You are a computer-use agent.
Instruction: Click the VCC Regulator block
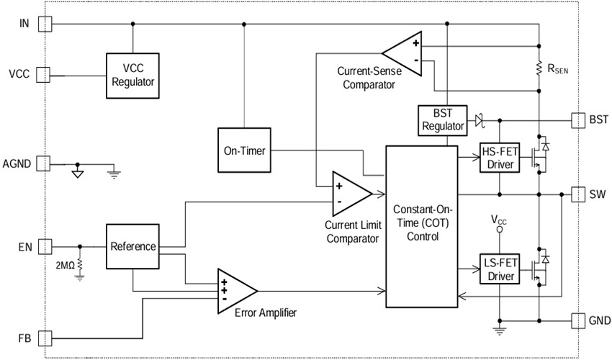coord(132,75)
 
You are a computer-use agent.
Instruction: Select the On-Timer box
coord(243,151)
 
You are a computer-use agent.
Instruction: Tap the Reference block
coord(132,246)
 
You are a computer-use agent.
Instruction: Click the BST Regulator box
coord(439,120)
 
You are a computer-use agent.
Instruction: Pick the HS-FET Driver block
coord(499,158)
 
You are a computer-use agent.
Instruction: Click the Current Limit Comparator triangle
coord(348,193)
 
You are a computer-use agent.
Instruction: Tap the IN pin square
coord(45,24)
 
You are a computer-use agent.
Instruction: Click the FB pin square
coord(45,338)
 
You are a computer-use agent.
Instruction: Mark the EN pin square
coord(45,246)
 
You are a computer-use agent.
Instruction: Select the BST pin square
coord(577,120)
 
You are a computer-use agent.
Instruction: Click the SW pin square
coord(577,194)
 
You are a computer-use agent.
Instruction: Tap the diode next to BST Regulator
coord(477,120)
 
